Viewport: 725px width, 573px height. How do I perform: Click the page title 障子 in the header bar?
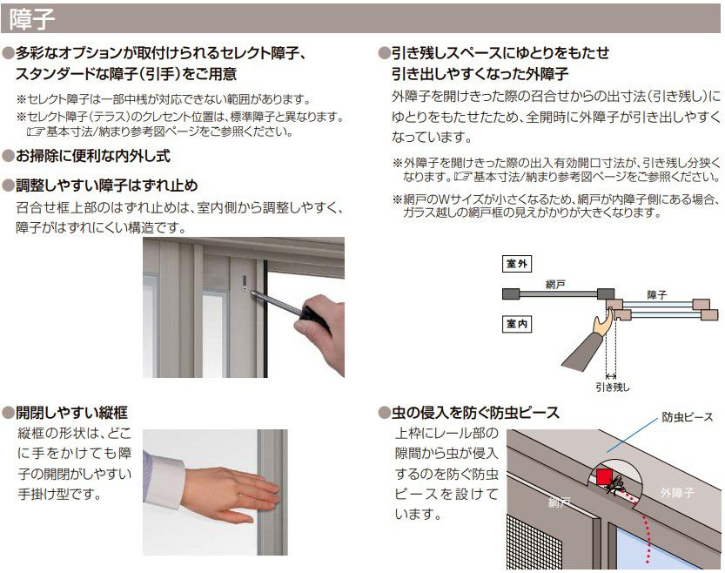(31, 19)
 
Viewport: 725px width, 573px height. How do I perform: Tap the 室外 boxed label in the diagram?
(517, 264)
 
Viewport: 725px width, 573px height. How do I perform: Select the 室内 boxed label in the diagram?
(517, 324)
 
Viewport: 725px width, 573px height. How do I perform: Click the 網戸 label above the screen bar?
(555, 285)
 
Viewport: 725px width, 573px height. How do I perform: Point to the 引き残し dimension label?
(612, 388)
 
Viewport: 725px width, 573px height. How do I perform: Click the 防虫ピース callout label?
(687, 417)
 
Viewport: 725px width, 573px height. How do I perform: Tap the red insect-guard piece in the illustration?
(603, 477)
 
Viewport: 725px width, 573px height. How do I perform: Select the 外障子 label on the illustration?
(676, 493)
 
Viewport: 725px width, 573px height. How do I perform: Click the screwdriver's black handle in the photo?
(313, 317)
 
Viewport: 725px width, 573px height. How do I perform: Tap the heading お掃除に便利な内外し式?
(93, 156)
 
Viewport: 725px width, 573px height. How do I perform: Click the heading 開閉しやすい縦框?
(71, 412)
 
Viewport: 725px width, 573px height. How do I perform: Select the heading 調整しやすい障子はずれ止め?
(107, 185)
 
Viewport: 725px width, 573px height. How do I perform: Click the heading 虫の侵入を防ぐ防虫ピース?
(475, 412)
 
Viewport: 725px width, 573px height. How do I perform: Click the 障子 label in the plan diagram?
(656, 295)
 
